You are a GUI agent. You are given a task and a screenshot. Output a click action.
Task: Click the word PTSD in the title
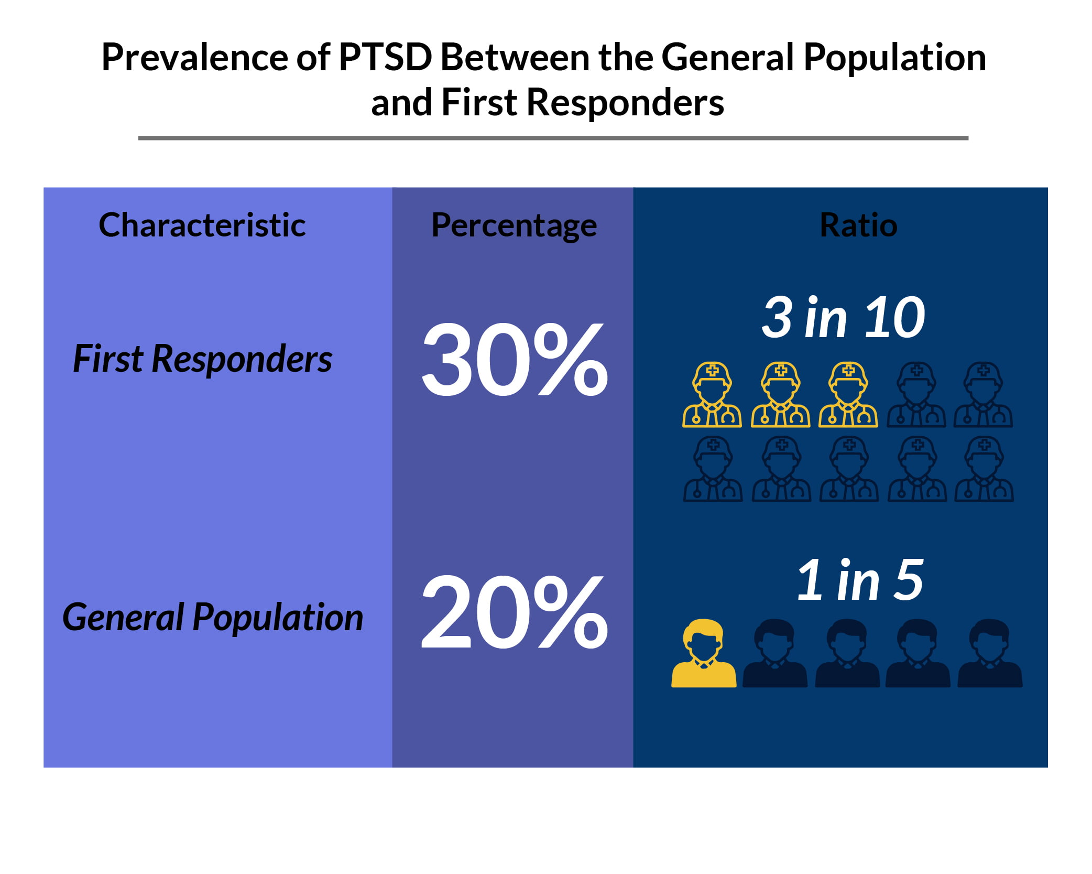click(385, 57)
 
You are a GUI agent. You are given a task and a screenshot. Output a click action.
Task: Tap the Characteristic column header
click(202, 225)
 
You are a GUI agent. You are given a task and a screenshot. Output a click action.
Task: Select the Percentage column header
click(514, 225)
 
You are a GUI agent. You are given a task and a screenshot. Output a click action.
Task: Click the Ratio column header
click(858, 225)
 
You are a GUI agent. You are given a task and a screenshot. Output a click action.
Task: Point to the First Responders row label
click(202, 359)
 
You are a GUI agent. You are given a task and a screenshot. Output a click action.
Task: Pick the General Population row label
click(212, 617)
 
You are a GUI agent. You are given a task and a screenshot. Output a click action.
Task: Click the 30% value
click(515, 360)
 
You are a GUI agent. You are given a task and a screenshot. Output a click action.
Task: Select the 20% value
click(515, 612)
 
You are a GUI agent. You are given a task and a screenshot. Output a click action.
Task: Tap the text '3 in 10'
click(843, 318)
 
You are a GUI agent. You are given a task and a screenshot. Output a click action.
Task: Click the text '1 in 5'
click(859, 580)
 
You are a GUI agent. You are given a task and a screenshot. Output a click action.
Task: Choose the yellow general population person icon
click(704, 654)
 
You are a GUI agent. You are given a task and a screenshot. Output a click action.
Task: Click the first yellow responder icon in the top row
click(712, 395)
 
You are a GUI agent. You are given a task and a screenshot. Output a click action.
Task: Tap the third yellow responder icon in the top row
click(848, 395)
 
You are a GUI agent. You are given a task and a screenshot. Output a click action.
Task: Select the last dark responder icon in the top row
click(983, 395)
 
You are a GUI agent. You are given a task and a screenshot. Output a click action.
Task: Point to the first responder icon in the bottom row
click(713, 469)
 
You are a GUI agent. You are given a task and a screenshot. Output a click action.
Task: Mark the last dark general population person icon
click(989, 654)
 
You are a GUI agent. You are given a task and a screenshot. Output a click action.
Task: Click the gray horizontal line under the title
click(553, 138)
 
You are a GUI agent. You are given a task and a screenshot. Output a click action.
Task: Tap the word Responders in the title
click(625, 102)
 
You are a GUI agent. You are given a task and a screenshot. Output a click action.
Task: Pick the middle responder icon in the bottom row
click(849, 469)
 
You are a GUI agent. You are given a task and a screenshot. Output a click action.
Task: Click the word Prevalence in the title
click(194, 57)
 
